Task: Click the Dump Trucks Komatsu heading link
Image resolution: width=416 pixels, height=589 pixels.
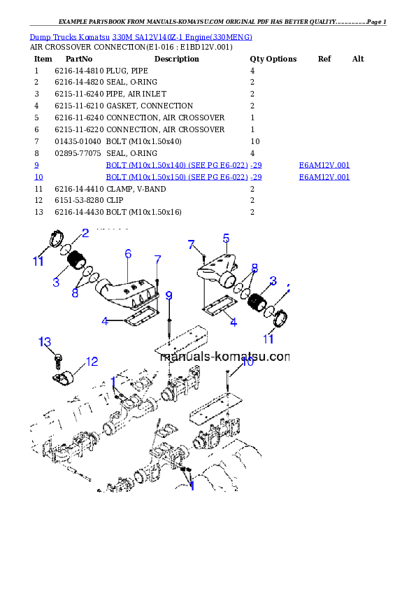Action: coord(141,36)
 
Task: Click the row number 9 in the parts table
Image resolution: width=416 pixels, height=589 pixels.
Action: coord(36,165)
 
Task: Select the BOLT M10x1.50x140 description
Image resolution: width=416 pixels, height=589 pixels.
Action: coord(183,165)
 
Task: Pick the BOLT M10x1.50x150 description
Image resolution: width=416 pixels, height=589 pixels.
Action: coord(183,177)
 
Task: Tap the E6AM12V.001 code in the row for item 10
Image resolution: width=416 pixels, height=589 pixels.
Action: coord(324,177)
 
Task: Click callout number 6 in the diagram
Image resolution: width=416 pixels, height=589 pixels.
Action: coord(128,253)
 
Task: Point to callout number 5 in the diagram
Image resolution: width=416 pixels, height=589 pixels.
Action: coord(227,238)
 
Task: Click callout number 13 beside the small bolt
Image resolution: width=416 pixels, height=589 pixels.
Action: coord(45,341)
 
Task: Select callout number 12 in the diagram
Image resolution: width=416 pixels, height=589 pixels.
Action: coord(92,362)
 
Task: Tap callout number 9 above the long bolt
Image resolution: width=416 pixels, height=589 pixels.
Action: coord(168,296)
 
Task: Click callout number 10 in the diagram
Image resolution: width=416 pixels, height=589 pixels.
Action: coord(248,362)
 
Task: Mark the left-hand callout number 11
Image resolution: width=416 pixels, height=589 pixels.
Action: coord(38,262)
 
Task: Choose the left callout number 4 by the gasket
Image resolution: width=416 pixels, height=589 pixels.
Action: coord(105,322)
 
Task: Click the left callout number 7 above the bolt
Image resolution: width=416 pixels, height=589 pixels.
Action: coord(158,260)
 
